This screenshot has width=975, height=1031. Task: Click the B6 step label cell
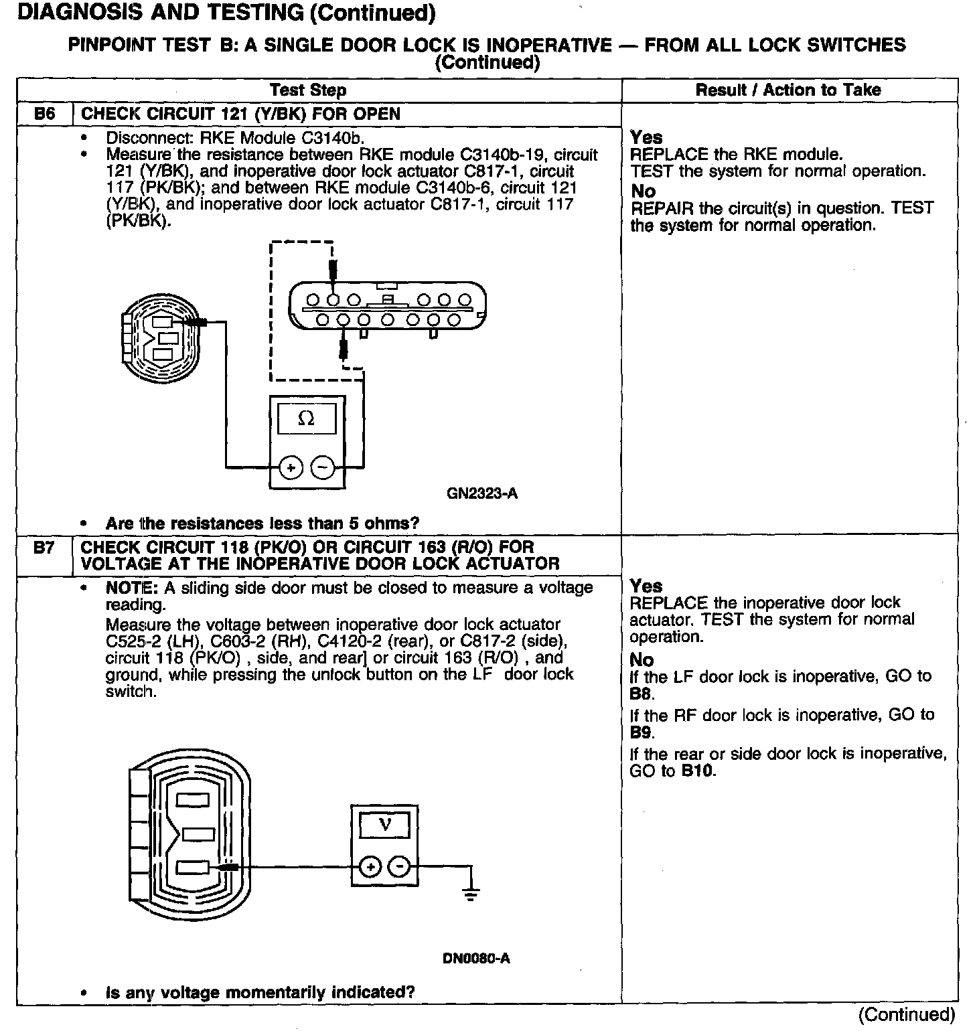[44, 114]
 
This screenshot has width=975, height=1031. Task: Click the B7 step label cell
[44, 548]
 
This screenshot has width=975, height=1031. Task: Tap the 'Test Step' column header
[308, 90]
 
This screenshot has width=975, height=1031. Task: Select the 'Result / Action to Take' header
[788, 90]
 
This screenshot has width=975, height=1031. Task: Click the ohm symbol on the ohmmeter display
[306, 419]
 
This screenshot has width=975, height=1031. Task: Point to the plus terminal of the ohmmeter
[291, 469]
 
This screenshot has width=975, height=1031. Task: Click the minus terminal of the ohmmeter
[323, 469]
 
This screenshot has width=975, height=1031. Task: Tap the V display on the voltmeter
[385, 825]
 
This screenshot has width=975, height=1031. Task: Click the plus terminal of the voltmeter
[370, 868]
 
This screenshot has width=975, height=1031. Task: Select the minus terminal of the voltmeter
[400, 868]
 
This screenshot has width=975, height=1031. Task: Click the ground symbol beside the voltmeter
[471, 893]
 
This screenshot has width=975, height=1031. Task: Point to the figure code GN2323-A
[481, 494]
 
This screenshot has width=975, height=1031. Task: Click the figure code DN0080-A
[476, 958]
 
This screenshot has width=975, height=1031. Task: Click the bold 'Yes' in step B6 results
[646, 137]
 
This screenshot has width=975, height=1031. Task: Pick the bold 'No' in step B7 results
[642, 659]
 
